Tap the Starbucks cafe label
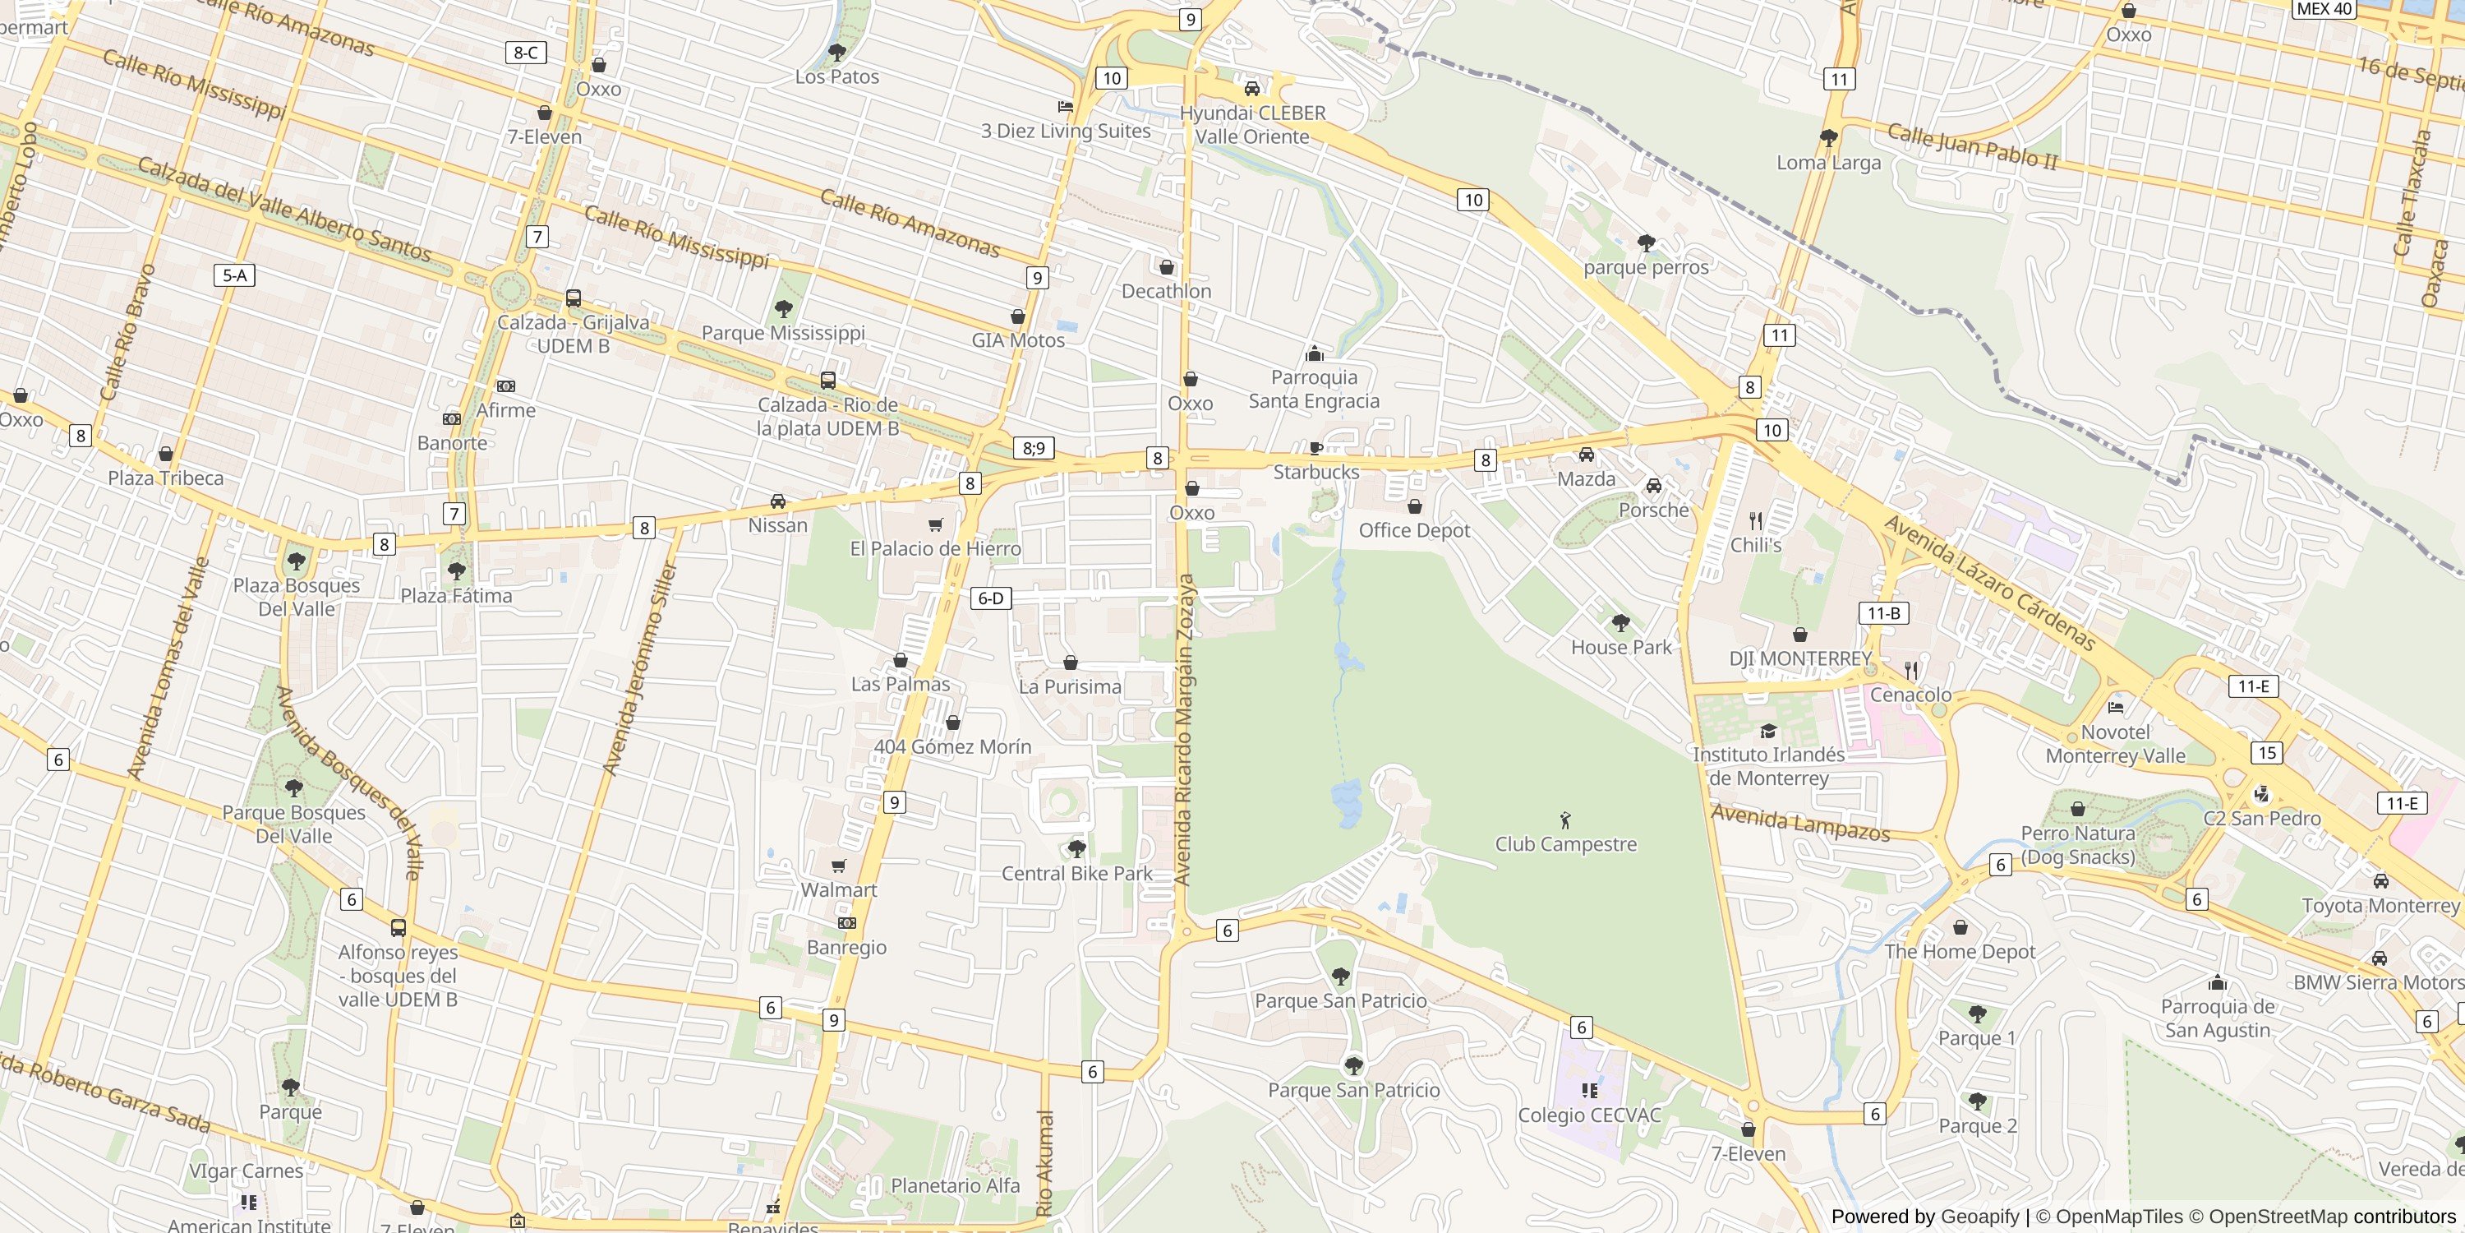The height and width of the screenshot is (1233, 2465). tap(1315, 472)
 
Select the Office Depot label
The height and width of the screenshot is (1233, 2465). tap(1413, 530)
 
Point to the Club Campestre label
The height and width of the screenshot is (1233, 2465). tap(1565, 844)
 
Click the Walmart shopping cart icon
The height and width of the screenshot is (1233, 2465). tap(838, 866)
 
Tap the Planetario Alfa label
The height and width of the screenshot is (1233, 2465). tap(955, 1185)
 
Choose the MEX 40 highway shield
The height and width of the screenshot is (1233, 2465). tap(2324, 8)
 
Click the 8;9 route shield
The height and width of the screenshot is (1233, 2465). tap(1034, 448)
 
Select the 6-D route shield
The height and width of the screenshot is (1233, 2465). tap(990, 598)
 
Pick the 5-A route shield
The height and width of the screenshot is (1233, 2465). tap(234, 275)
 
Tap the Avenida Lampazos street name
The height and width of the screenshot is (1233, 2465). tap(1800, 824)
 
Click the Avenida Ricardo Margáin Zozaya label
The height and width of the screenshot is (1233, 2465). tap(1185, 729)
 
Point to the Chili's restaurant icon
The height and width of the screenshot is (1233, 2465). tap(1755, 521)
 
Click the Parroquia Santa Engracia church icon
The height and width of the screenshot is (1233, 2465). tap(1315, 353)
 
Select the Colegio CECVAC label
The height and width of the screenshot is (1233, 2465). tap(1588, 1115)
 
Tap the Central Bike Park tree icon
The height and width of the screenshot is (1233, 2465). tap(1076, 848)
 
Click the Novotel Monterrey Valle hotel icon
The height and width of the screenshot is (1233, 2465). tap(2116, 708)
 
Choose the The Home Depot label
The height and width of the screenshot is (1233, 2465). tap(1960, 952)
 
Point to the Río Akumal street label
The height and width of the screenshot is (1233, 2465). tap(1045, 1162)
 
